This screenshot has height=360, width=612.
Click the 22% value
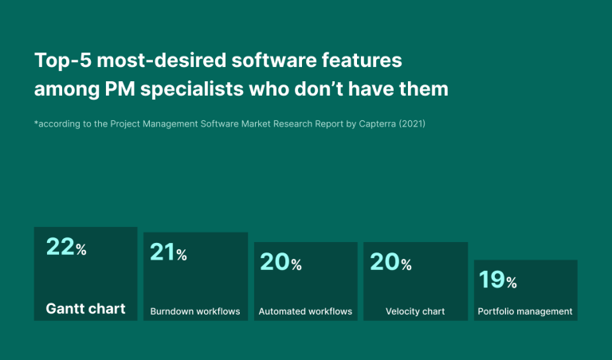[x=66, y=247]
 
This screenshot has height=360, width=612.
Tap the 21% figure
[x=168, y=252]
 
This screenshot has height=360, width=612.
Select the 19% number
[x=497, y=280]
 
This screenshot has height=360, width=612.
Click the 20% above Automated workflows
[x=280, y=262]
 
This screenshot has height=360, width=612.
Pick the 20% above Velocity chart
[x=390, y=262]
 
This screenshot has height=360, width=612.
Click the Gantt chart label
[x=85, y=308]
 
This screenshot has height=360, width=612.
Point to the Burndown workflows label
[x=195, y=311]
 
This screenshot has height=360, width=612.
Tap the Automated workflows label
[x=305, y=311]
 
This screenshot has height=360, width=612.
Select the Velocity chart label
[x=415, y=311]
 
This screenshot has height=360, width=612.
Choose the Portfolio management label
[x=525, y=311]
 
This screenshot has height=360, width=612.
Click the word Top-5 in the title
[x=62, y=61]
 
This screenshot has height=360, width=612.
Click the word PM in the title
[x=120, y=89]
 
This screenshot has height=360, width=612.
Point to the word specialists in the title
[x=192, y=89]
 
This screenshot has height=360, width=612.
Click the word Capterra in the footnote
[x=378, y=124]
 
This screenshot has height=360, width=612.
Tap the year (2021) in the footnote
[x=412, y=124]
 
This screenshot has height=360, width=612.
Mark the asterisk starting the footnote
[x=37, y=123]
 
